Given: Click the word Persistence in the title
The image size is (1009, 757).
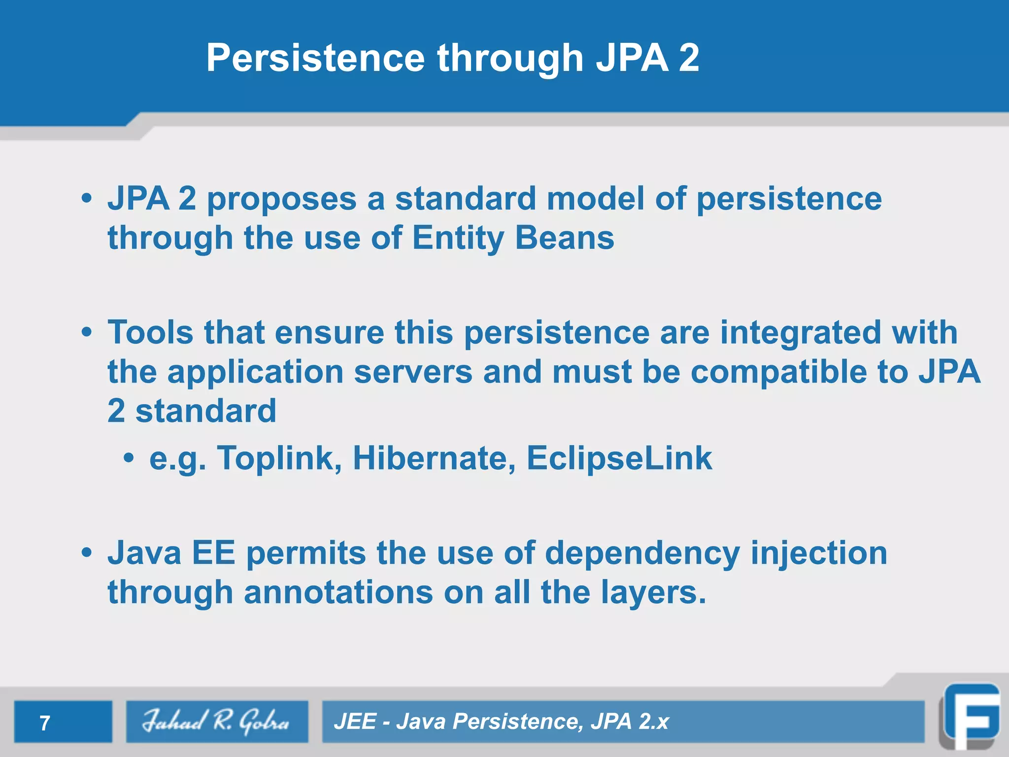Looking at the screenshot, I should pos(315,58).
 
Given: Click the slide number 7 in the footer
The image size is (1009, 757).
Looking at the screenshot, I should pos(45,723).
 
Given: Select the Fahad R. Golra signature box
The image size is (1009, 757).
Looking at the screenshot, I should pos(217,722).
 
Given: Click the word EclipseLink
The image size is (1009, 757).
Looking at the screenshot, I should pos(619,458).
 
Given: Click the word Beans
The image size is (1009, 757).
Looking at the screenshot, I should pos(565,238).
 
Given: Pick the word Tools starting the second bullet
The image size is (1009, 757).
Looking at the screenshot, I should pos(150,332).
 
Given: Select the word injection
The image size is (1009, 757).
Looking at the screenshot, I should pos(818,553).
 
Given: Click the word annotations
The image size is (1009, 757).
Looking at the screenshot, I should pos(338,592).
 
